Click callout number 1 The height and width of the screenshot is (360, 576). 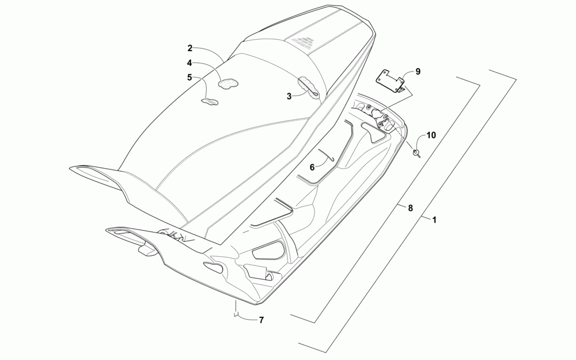[434, 219]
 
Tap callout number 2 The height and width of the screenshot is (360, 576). [190, 48]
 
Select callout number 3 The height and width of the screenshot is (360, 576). [289, 97]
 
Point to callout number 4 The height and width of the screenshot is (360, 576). [189, 63]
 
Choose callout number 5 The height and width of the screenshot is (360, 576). [189, 77]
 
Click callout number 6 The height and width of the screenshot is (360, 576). [312, 167]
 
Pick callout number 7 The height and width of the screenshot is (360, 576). [261, 320]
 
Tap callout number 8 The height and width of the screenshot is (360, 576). [410, 208]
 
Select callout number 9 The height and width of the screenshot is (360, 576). [418, 71]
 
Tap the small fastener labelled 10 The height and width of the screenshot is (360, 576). [416, 153]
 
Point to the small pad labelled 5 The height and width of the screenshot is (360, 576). [209, 102]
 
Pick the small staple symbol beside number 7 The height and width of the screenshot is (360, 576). [235, 314]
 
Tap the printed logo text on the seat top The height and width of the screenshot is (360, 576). [302, 42]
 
